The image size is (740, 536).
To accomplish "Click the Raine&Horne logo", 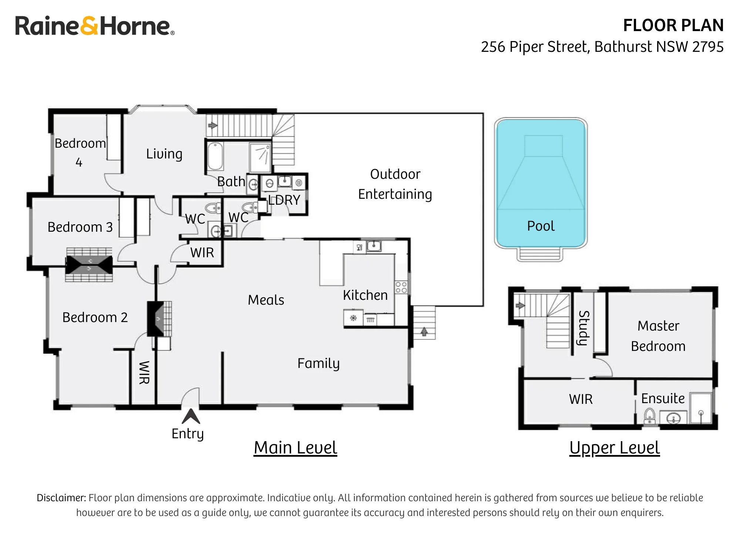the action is (95, 26).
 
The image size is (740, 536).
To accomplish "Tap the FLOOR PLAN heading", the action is (673, 26).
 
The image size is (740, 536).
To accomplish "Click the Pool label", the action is (541, 226).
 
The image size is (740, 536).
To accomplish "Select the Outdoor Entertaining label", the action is (395, 184).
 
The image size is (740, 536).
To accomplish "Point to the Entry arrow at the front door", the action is (191, 416).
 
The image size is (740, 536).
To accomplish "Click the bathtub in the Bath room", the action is (215, 157).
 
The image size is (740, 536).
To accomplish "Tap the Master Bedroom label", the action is (658, 336).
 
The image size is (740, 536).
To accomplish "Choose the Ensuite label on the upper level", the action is (663, 398).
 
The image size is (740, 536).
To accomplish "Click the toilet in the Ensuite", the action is (650, 416).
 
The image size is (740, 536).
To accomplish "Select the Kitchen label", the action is (365, 295).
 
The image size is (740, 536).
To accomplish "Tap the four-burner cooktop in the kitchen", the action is (401, 287).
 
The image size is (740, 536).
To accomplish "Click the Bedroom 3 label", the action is (80, 227).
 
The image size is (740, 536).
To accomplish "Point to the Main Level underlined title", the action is (295, 448).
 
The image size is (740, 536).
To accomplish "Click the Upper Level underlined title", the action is (615, 448).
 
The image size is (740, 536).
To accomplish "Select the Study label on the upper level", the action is (583, 328).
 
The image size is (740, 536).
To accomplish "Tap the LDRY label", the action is (284, 200).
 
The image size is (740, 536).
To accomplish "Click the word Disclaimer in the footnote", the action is (61, 498).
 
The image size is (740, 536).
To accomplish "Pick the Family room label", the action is (319, 364).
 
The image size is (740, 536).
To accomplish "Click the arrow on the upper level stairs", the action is (520, 305).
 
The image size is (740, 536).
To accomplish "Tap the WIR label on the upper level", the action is (581, 399).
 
